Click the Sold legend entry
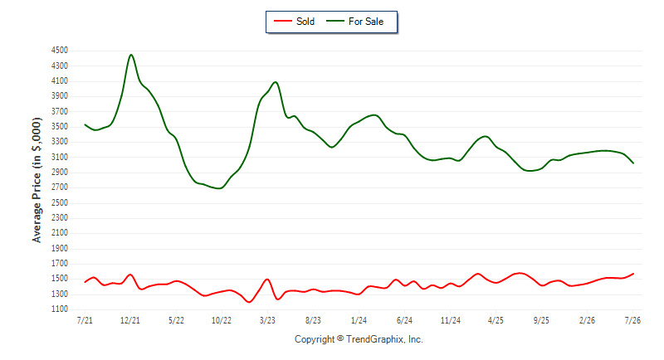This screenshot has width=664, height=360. pos(294,21)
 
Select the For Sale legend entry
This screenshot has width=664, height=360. pos(355,21)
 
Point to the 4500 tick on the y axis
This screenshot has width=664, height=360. pos(59,51)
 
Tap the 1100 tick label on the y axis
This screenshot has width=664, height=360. pos(59,309)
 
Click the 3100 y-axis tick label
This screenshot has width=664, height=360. pos(59,157)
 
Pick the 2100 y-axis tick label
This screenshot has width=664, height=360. pos(59,232)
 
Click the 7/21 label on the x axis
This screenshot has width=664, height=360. pos(85,320)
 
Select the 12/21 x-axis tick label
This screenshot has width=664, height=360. pos(130,320)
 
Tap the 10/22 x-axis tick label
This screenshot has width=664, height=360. pos(222,320)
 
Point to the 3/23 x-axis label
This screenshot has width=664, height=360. pos(267,320)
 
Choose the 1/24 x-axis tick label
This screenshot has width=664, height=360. pos(359,320)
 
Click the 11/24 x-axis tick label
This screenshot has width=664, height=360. pos(450,320)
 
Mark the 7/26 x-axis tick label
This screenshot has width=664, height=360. pos(632,320)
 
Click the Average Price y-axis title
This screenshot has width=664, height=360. pos(37,180)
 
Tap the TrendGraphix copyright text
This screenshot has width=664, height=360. pos(359,339)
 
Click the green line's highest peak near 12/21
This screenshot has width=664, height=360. pos(131,55)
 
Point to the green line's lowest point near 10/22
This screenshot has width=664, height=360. pos(219,188)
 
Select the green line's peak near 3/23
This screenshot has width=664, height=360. pos(276,82)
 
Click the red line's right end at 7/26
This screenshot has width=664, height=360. pos(633,274)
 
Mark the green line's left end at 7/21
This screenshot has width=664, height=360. pos(85,124)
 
